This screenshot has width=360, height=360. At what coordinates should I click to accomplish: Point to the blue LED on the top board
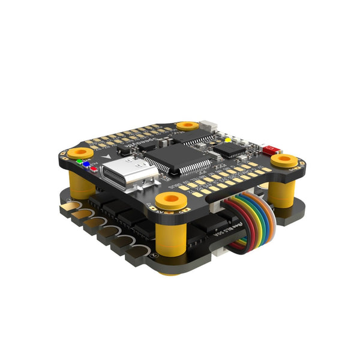click(x=87, y=163)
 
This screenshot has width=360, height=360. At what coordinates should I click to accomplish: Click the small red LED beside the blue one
click(x=94, y=167)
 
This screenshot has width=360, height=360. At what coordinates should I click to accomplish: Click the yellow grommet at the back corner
click(x=188, y=125)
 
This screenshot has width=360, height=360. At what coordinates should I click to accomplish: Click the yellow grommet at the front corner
click(x=169, y=200)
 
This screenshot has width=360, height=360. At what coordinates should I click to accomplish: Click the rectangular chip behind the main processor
click(x=194, y=138)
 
